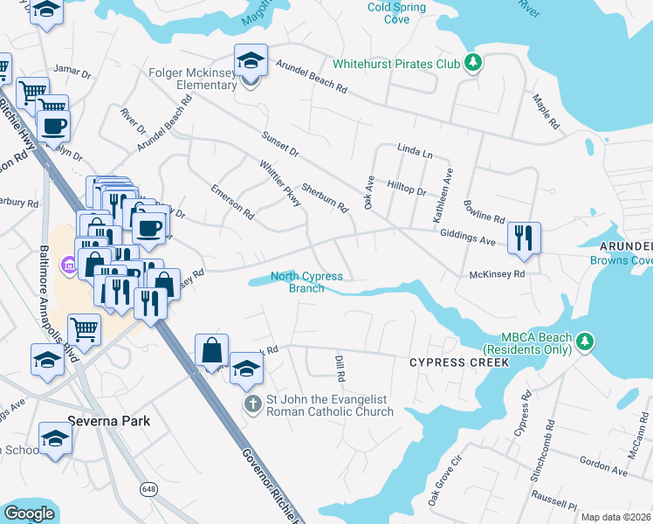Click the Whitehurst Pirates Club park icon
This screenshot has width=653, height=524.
pyautogui.click(x=473, y=63)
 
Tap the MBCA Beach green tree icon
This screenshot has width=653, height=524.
pyautogui.click(x=589, y=339)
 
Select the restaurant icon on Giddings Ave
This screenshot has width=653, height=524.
pyautogui.click(x=524, y=238)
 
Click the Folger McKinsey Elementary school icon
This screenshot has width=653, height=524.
pyautogui.click(x=251, y=62)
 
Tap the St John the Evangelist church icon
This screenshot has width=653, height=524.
pyautogui.click(x=252, y=404)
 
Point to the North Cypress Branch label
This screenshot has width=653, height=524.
pyautogui.click(x=306, y=282)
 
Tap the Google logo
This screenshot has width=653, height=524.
pyautogui.click(x=30, y=513)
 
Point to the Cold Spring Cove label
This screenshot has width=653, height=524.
pyautogui.click(x=396, y=13)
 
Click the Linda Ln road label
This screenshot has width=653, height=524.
pyautogui.click(x=415, y=153)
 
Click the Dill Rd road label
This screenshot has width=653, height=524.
pyautogui.click(x=340, y=367)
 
